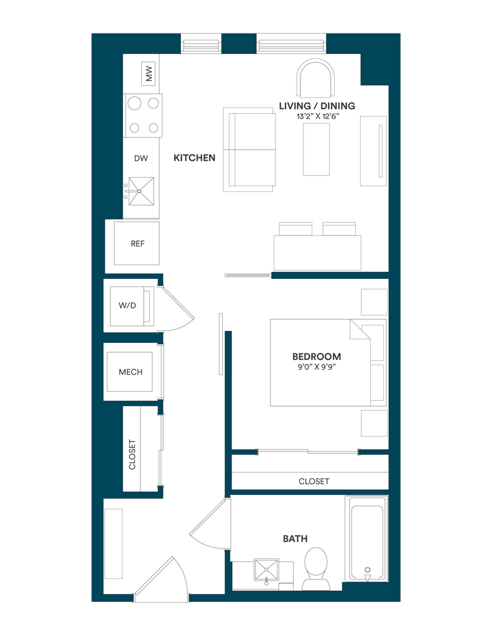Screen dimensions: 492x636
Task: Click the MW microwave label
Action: (149, 73)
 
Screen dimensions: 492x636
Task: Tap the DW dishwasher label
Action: (141, 158)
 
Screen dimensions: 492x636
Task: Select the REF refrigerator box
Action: (136, 243)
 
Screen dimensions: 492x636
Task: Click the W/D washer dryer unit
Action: (132, 306)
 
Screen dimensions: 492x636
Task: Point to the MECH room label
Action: (131, 372)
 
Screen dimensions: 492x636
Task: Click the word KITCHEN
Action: (194, 158)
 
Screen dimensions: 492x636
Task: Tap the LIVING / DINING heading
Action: (317, 106)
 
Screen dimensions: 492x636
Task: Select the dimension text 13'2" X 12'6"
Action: (317, 117)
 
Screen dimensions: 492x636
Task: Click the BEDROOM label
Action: (317, 357)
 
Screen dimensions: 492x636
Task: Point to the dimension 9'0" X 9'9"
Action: (317, 368)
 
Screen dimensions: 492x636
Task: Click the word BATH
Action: (295, 538)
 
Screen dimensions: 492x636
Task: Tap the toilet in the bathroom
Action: (316, 569)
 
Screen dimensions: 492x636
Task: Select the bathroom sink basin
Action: (266, 570)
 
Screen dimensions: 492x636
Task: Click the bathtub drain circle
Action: (368, 570)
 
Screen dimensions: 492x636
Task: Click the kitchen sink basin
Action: (141, 191)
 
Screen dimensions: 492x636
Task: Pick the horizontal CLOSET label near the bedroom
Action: (313, 481)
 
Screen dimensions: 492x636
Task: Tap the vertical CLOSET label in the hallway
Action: (132, 454)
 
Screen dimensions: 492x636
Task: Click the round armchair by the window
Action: (316, 78)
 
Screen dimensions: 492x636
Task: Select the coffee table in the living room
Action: (316, 149)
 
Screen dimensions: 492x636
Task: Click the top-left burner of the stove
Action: (134, 104)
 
